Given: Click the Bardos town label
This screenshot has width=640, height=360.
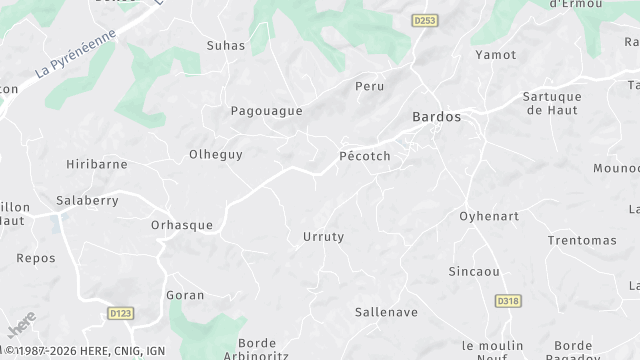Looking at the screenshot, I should pos(437,117).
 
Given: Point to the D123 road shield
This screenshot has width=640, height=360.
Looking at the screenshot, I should pos(120,314).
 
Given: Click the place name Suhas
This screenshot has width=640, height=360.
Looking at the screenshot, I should pos(225,46).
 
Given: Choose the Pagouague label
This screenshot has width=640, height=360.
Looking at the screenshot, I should pos(266,111).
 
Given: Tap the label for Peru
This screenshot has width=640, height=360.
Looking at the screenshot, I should pos(370,87).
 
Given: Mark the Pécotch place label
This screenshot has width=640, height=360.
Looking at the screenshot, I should pos(364,157).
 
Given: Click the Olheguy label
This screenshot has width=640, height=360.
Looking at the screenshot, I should pos(216,155).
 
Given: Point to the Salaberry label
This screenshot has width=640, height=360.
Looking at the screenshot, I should pos(88,200).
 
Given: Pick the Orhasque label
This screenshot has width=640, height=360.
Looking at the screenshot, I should pos(181,225).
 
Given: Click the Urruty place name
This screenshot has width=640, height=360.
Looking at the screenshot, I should pos(323,237).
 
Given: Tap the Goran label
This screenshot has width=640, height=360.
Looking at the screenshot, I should pos(184,295).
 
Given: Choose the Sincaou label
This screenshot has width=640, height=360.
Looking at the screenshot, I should pos(473,271).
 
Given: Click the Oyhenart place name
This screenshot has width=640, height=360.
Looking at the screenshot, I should pos(490,216).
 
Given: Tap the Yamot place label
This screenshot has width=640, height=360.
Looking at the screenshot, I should pos(495,55).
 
